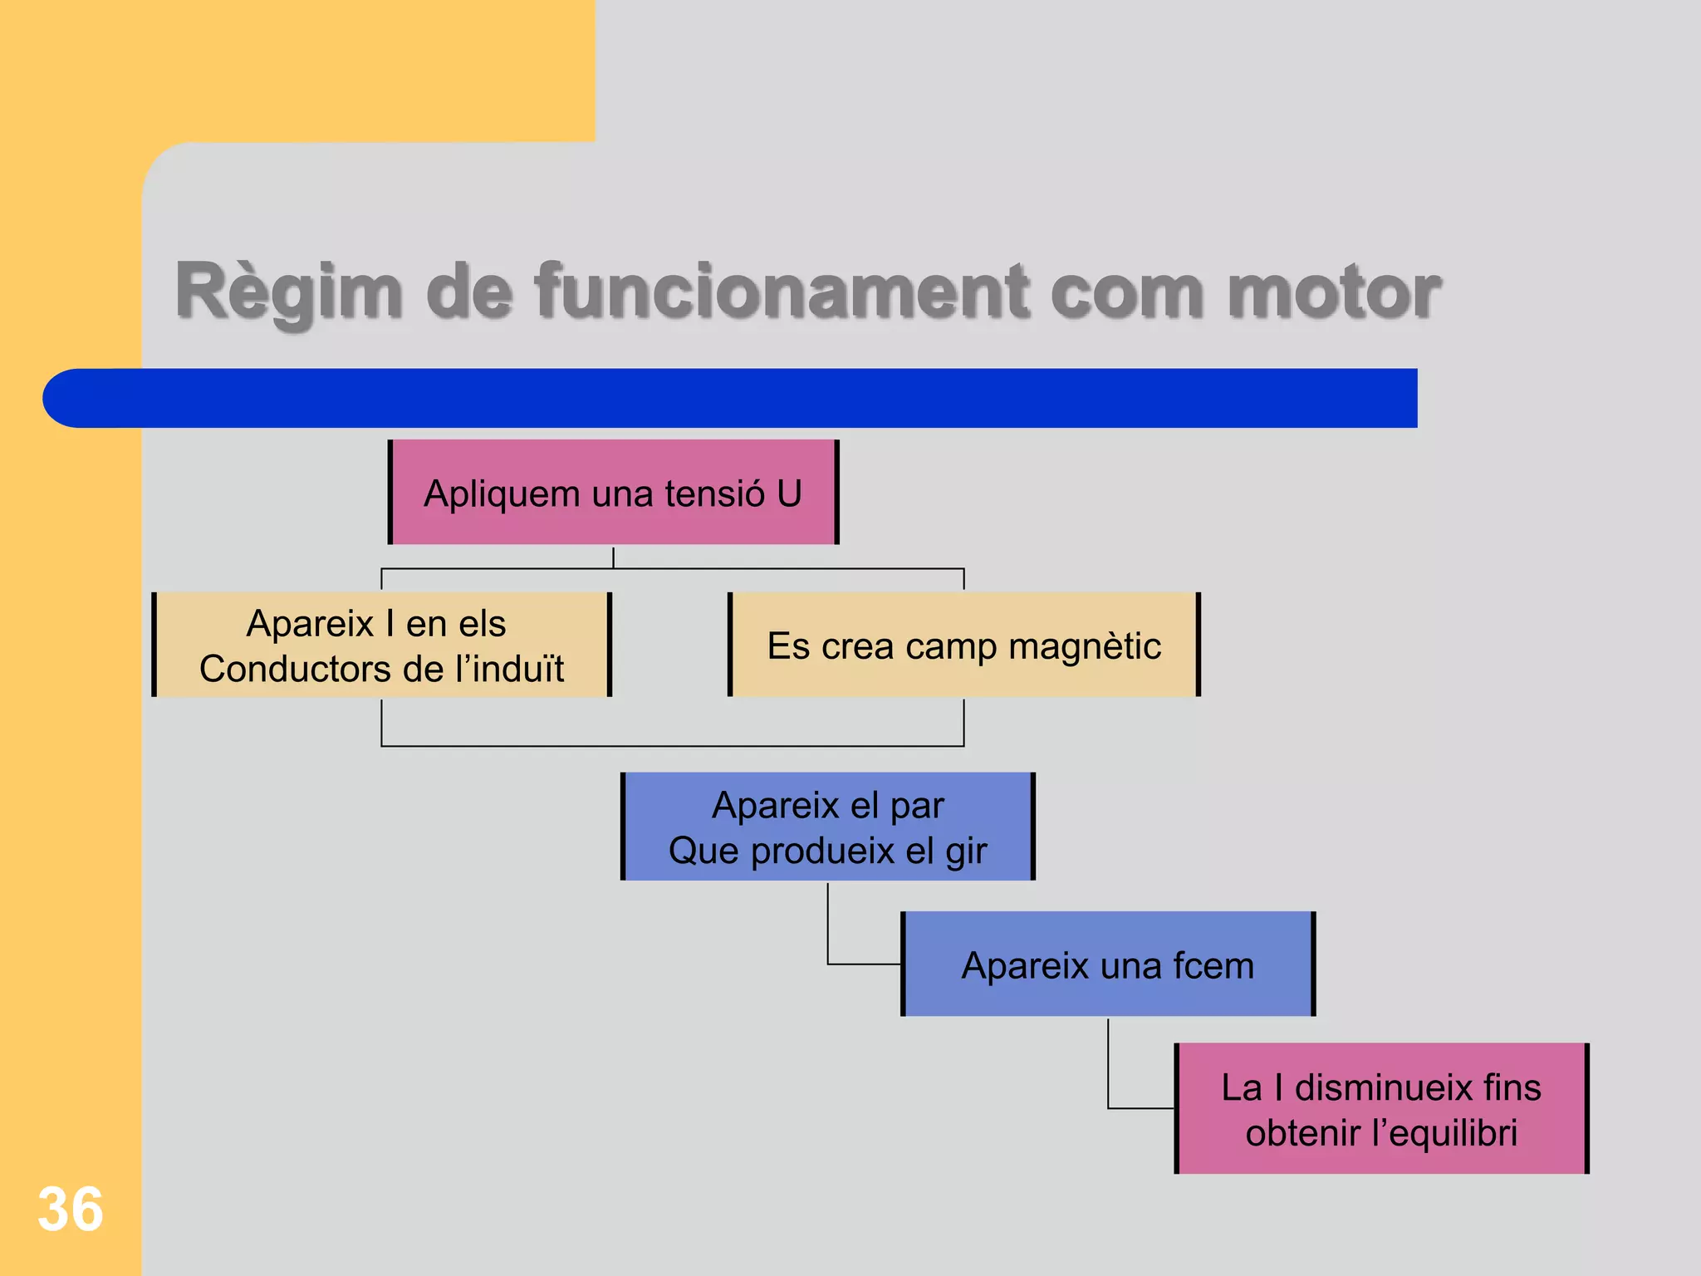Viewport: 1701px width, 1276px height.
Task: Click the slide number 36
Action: [x=71, y=1210]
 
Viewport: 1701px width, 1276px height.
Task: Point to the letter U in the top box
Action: [x=789, y=493]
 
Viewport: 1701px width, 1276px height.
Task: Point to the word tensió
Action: [x=713, y=493]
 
